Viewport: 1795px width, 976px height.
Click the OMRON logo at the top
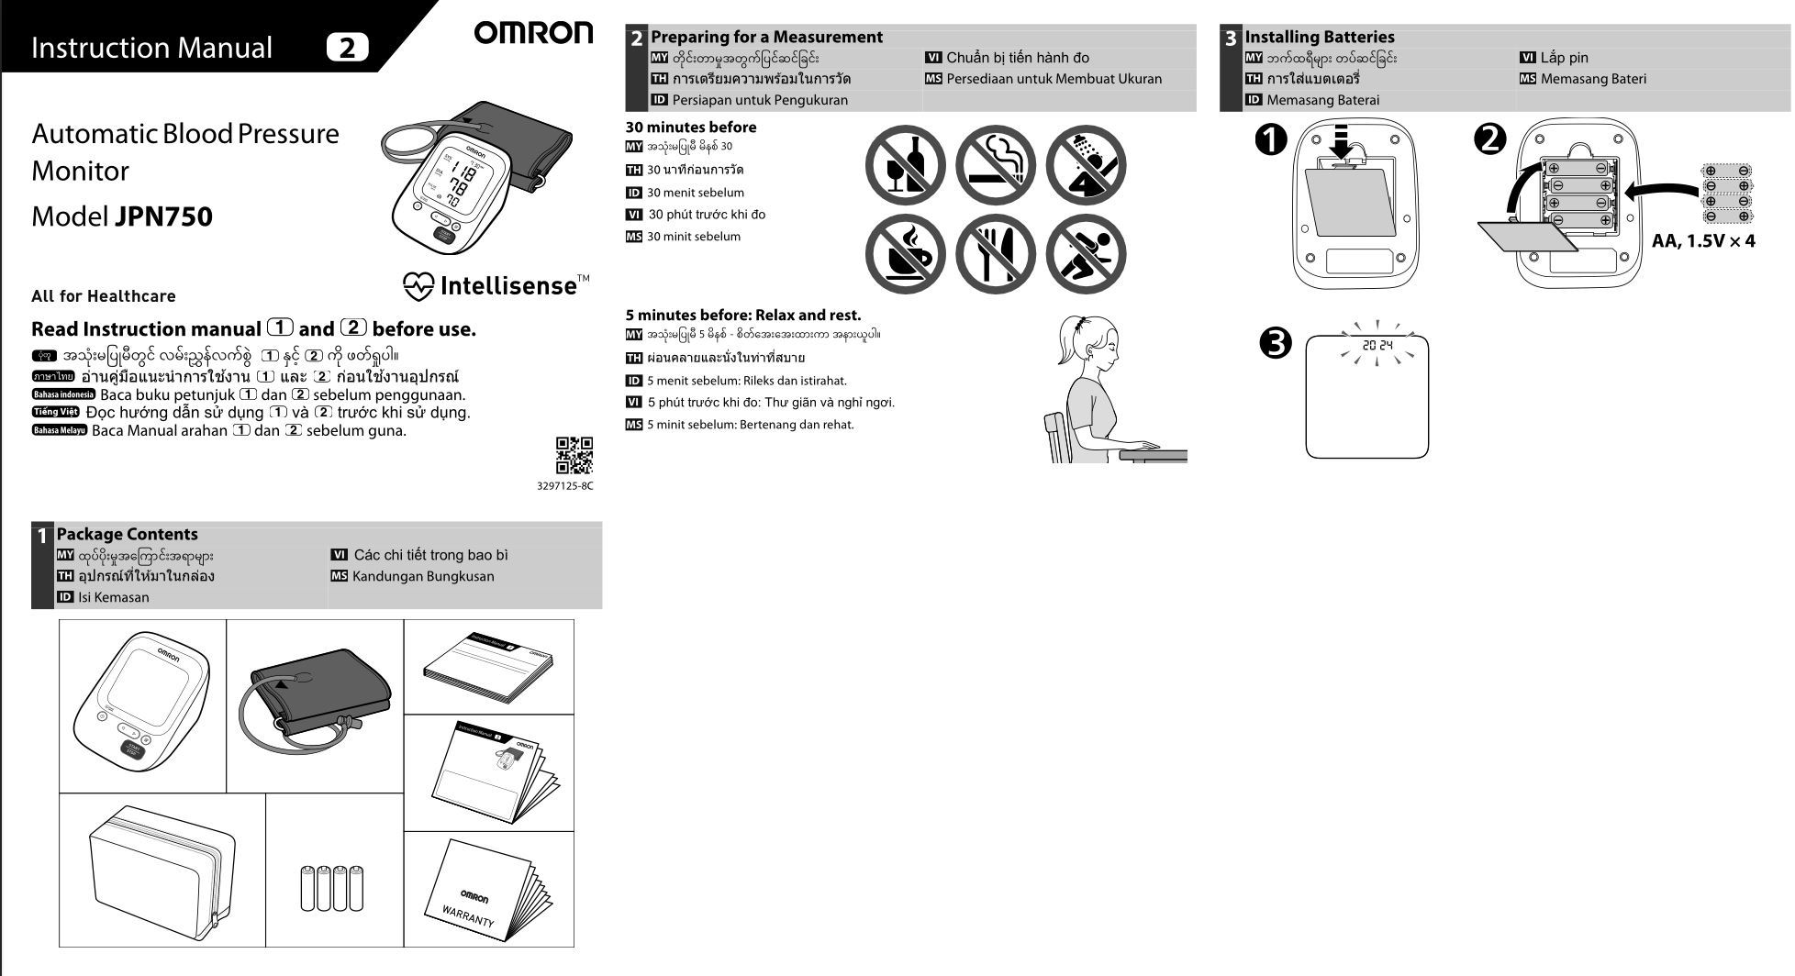533,34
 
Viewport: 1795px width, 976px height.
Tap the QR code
574,456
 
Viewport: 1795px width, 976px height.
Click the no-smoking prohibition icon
995,166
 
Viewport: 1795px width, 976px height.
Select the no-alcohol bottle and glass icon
905,166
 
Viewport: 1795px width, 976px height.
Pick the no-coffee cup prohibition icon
905,254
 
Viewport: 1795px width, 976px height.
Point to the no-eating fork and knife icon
995,254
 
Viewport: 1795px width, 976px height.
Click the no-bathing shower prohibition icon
1086,166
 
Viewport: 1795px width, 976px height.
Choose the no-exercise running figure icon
1086,254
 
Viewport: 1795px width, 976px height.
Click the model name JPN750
163,217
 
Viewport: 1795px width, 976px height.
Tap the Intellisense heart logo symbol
418,286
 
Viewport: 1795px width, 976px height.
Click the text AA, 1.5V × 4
1703,241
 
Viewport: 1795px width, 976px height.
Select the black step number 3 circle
1276,343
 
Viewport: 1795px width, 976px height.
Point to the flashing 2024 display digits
1377,346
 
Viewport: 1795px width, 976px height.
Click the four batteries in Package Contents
332,887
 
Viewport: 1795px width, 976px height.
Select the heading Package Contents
127,534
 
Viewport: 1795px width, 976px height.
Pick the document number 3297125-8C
564,486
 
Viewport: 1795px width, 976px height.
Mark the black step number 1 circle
1271,140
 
